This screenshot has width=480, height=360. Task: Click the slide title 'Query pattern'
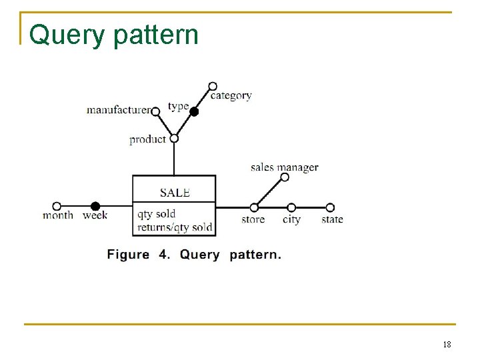(114, 35)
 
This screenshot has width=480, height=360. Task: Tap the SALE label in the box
(175, 193)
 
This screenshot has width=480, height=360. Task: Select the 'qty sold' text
(157, 214)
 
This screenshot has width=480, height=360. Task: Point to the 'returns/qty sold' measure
(175, 227)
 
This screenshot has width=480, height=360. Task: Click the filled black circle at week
(95, 206)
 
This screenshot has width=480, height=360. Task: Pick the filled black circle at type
(194, 112)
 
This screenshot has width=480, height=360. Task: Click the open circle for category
(213, 86)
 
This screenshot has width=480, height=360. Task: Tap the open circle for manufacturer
(155, 112)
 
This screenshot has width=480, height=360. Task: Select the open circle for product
(174, 139)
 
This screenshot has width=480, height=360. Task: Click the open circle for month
(57, 206)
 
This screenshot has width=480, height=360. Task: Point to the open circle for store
(254, 207)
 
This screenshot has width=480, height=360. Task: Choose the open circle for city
(291, 207)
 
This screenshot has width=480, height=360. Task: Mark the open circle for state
(330, 207)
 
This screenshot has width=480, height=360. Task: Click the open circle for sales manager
(285, 177)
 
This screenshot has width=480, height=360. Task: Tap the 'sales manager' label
(284, 167)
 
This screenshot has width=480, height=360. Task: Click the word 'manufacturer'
(119, 110)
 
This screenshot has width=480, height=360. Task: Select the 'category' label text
(231, 96)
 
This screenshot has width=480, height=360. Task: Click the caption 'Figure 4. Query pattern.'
(194, 255)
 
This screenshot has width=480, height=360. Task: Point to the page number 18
(447, 345)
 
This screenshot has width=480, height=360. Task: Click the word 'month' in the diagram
(58, 216)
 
